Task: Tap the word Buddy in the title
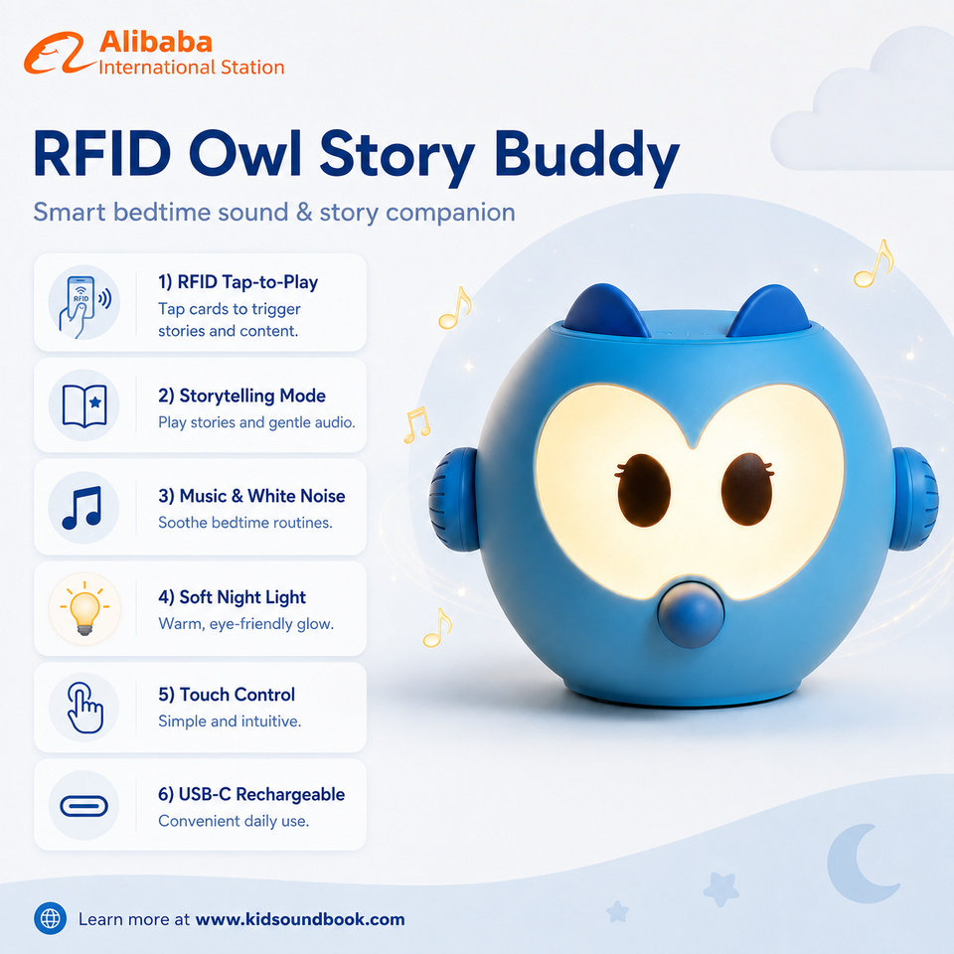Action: pyautogui.click(x=586, y=158)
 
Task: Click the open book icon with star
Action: pyautogui.click(x=84, y=405)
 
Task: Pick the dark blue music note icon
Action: pyautogui.click(x=82, y=508)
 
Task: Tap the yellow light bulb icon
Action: pyautogui.click(x=84, y=608)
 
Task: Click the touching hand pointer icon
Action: pyautogui.click(x=84, y=708)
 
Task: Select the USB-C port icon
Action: pyautogui.click(x=83, y=806)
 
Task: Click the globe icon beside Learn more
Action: pyautogui.click(x=51, y=918)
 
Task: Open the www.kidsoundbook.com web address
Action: pyautogui.click(x=300, y=919)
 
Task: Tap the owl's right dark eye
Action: pyautogui.click(x=746, y=489)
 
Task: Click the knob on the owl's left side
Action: pyautogui.click(x=454, y=500)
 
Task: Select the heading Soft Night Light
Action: pyautogui.click(x=232, y=597)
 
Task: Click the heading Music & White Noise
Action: pyautogui.click(x=251, y=496)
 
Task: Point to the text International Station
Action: pyautogui.click(x=191, y=67)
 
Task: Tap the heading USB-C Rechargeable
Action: pyautogui.click(x=251, y=795)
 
